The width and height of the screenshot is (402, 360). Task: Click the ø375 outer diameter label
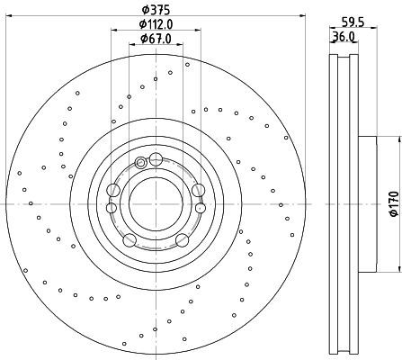coord(156,10)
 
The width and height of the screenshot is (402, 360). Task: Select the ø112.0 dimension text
coord(156,24)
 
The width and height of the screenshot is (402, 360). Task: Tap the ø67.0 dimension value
coord(156,39)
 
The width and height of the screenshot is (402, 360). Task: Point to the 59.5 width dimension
coord(353,22)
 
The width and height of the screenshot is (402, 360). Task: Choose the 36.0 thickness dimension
coord(344,37)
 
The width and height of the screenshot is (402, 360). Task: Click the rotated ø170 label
coord(394,203)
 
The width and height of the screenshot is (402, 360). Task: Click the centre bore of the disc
coord(156,204)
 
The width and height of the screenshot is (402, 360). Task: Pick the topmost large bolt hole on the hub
coord(156,159)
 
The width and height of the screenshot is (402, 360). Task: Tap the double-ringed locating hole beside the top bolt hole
coord(140,163)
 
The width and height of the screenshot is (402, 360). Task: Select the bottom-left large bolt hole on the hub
coord(130,240)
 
